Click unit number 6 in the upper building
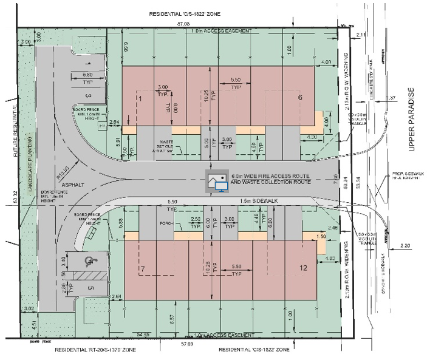(x=299, y=97)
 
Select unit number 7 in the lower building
(x=142, y=268)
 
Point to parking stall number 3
(x=87, y=95)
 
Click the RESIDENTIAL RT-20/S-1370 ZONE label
(x=95, y=352)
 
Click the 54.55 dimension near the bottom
(x=143, y=335)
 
